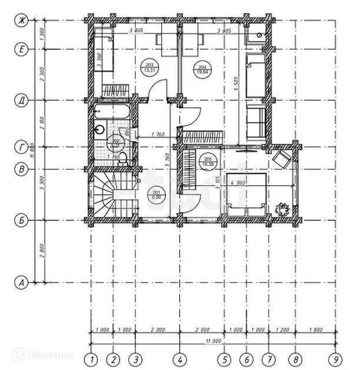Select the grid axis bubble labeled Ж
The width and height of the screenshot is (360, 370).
click(21, 21)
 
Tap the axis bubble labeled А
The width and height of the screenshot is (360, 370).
click(21, 283)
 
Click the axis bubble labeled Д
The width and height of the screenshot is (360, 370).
click(21, 101)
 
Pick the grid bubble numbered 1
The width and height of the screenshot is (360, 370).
click(91, 358)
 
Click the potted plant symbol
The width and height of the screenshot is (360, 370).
click(283, 208)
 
